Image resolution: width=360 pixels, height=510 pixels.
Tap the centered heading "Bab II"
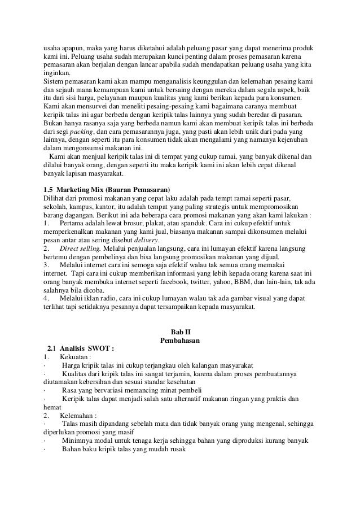click(180, 332)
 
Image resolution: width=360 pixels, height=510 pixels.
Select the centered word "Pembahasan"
click(180, 341)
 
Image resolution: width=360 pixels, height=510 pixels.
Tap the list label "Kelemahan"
click(77, 415)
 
